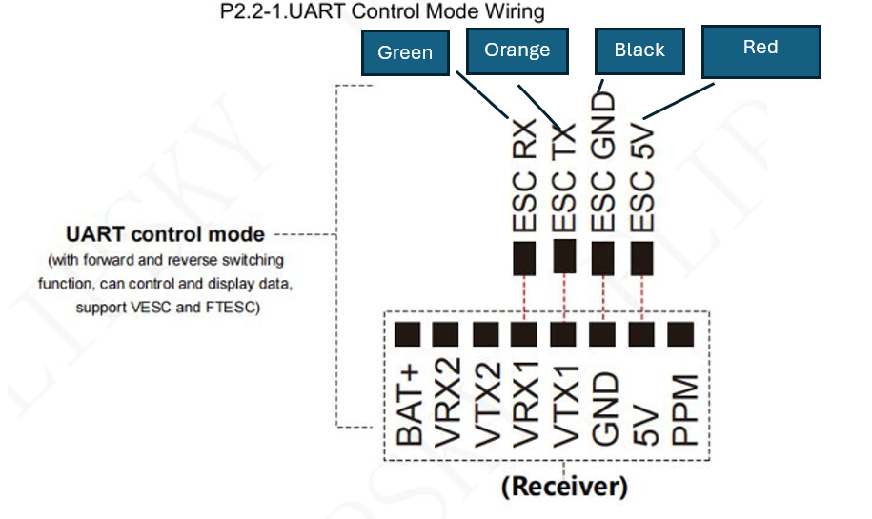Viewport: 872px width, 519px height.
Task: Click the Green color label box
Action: pyautogui.click(x=405, y=52)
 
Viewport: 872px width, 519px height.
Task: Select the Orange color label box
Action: pyautogui.click(x=517, y=50)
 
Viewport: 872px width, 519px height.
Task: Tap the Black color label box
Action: pyautogui.click(x=639, y=50)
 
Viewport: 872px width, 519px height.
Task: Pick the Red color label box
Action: pyautogui.click(x=760, y=50)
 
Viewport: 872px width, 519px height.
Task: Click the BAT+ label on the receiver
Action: pyautogui.click(x=409, y=408)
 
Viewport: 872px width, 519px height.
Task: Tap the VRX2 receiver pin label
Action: pyautogui.click(x=447, y=408)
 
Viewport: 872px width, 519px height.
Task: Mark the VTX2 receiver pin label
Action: pyautogui.click(x=486, y=408)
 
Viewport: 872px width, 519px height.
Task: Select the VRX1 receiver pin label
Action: pyautogui.click(x=525, y=408)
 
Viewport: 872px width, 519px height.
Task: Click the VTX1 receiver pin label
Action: pyautogui.click(x=564, y=408)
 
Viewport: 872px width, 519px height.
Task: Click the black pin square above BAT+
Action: pyautogui.click(x=408, y=334)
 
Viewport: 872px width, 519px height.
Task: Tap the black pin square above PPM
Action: pyautogui.click(x=681, y=334)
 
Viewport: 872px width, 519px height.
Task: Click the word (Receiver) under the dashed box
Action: pyautogui.click(x=564, y=488)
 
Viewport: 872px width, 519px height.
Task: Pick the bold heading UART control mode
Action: pyautogui.click(x=165, y=233)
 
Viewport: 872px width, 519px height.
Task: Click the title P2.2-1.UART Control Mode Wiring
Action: pyautogui.click(x=381, y=12)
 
